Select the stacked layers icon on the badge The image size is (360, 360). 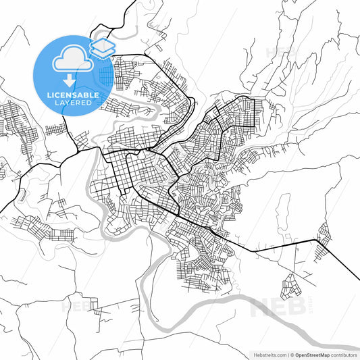[x=102, y=47]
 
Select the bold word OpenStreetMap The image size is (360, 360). [x=311, y=354]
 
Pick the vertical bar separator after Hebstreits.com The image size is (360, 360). [x=286, y=354]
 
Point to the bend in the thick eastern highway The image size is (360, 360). [x=317, y=240]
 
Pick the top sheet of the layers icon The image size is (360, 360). [x=102, y=43]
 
